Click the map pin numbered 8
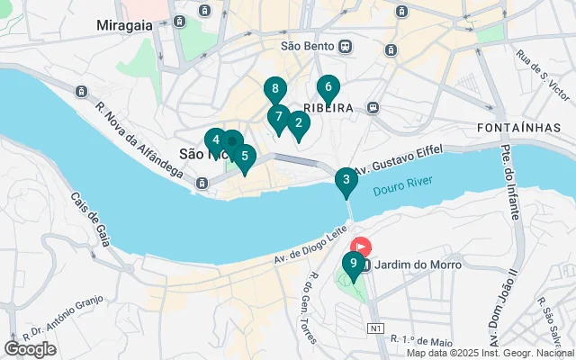click(275, 90)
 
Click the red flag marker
click(361, 246)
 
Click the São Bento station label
click(308, 46)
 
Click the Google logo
click(30, 348)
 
